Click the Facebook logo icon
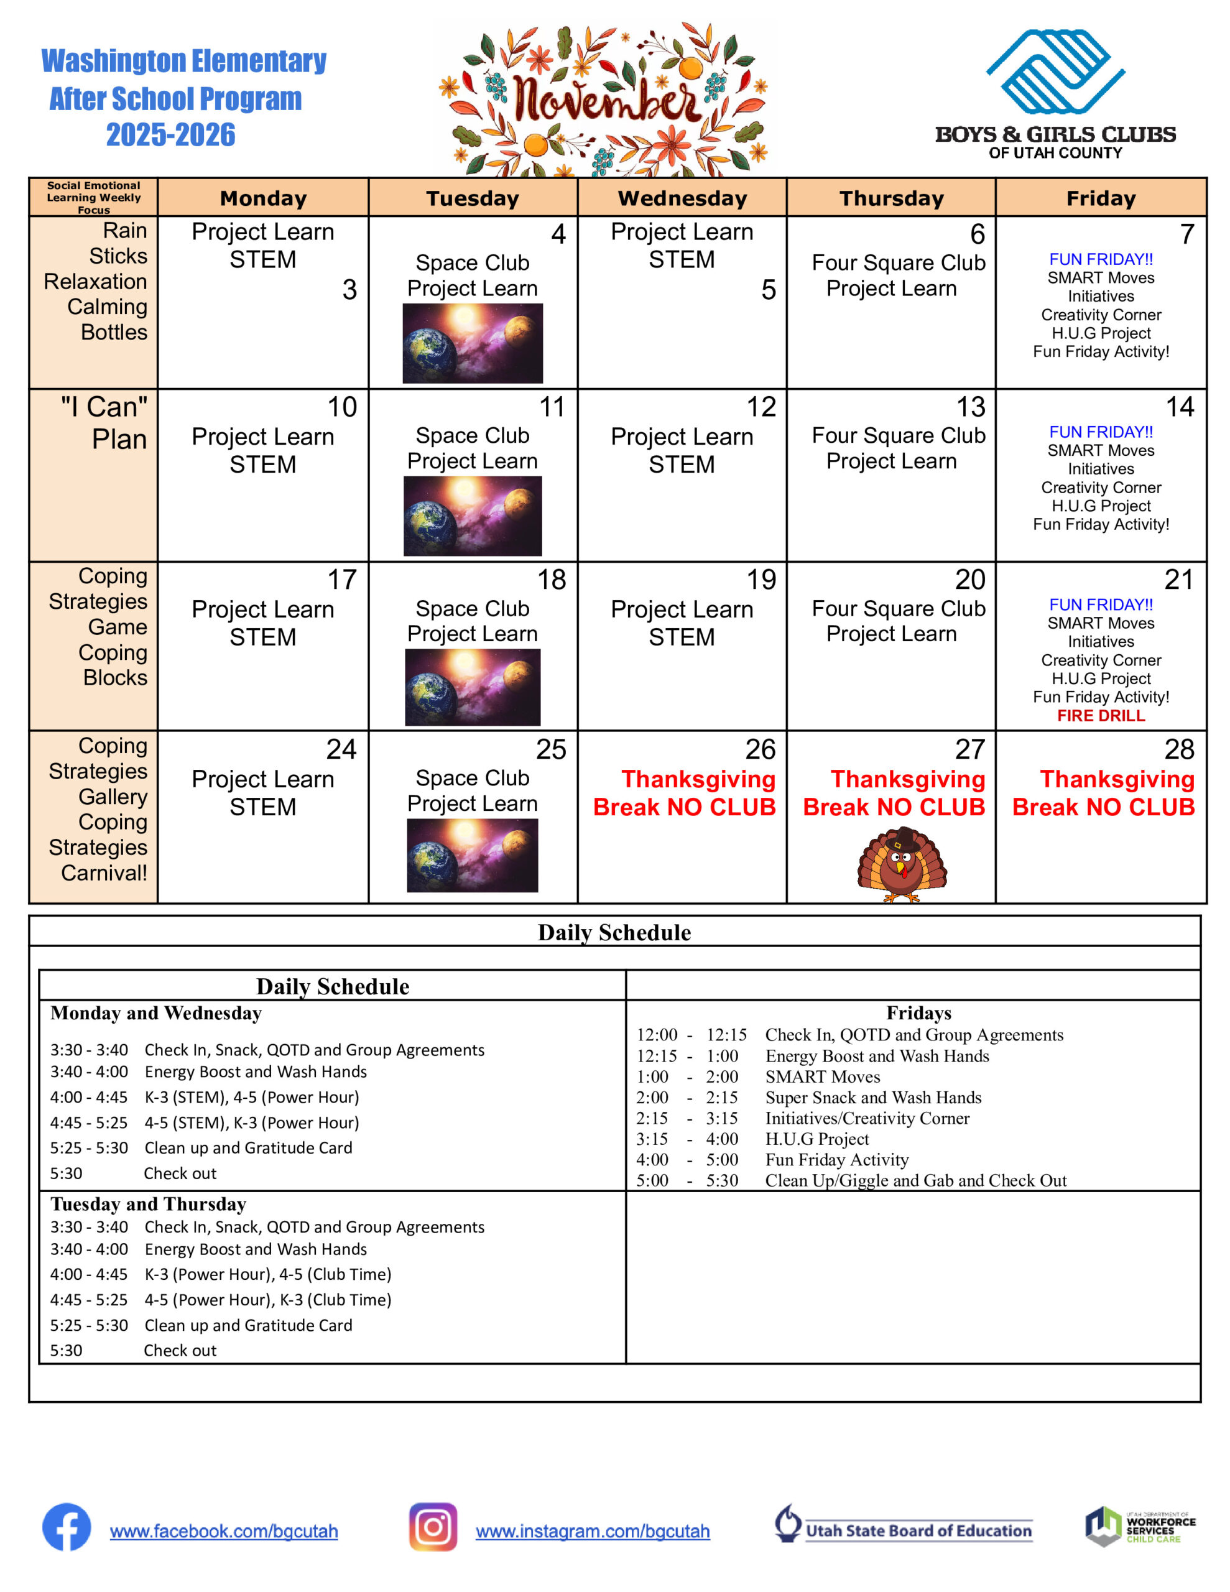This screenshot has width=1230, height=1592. tap(67, 1527)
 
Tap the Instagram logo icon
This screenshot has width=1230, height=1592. tap(433, 1527)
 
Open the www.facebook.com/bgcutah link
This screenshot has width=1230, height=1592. tap(224, 1531)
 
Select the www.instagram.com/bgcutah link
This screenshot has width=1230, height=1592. tap(593, 1531)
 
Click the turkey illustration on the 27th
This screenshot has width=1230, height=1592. tap(902, 864)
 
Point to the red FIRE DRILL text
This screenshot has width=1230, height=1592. tap(1101, 716)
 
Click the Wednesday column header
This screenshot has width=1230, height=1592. tap(682, 198)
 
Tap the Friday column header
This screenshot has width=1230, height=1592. tap(1101, 198)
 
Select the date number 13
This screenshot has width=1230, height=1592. tap(971, 407)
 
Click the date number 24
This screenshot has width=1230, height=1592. tap(341, 749)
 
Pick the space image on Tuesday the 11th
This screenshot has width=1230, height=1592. tap(473, 516)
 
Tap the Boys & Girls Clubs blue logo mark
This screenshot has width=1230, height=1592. tap(1055, 72)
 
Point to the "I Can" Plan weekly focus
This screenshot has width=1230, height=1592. tap(104, 423)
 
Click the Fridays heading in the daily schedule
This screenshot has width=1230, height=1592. tap(918, 1012)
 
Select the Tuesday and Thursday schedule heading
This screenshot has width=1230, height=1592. tap(148, 1203)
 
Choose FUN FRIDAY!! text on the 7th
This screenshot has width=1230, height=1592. tap(1101, 259)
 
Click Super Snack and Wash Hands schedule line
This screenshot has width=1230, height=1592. tap(872, 1097)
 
